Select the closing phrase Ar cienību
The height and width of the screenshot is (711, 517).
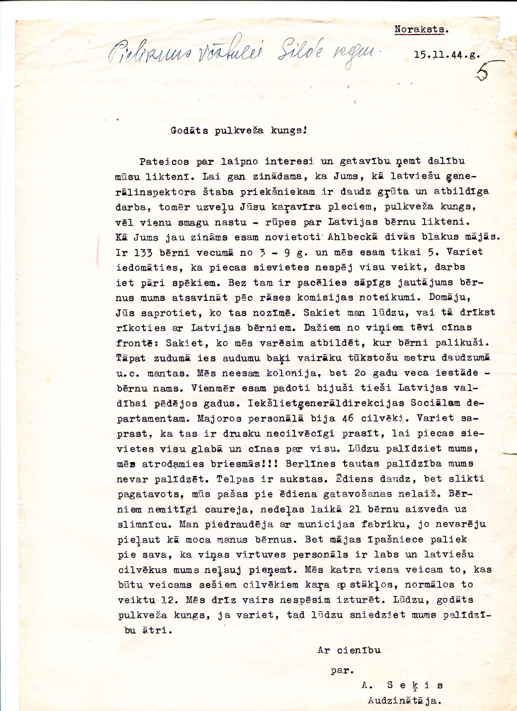349,651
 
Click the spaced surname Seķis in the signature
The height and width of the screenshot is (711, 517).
415,685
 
